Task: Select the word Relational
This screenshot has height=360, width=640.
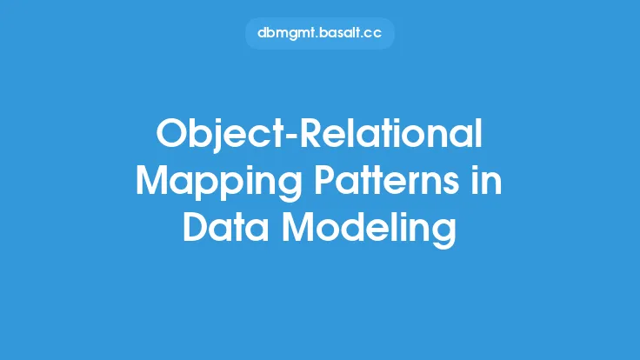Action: pos(391,133)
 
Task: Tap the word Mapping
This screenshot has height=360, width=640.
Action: pos(219,183)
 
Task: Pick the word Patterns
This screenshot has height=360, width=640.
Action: pos(387,180)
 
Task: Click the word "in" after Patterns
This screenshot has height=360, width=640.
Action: pos(487,180)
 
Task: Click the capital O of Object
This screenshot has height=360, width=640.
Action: pos(171,133)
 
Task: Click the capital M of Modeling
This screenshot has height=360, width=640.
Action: pos(300,227)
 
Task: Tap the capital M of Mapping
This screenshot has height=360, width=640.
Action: pos(153,180)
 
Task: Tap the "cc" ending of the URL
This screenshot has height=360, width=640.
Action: pos(373,33)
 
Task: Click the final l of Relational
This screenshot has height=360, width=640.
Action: pos(480,133)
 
